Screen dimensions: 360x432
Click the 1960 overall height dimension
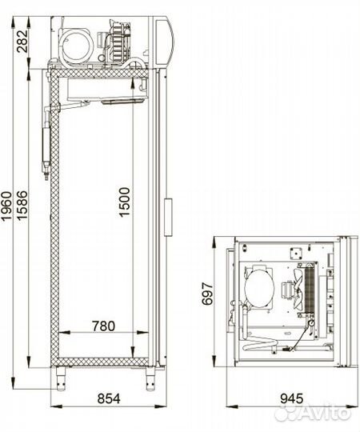[x=7, y=206]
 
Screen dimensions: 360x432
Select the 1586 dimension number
[x=22, y=205]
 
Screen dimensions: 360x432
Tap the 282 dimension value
[x=22, y=42]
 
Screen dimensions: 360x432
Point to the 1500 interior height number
[x=124, y=202]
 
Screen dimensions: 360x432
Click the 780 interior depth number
[x=103, y=326]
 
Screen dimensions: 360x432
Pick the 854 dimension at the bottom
[x=109, y=398]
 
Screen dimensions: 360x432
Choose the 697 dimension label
[x=207, y=294]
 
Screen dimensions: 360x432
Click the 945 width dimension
[x=292, y=398]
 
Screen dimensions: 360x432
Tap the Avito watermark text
[x=326, y=412]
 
